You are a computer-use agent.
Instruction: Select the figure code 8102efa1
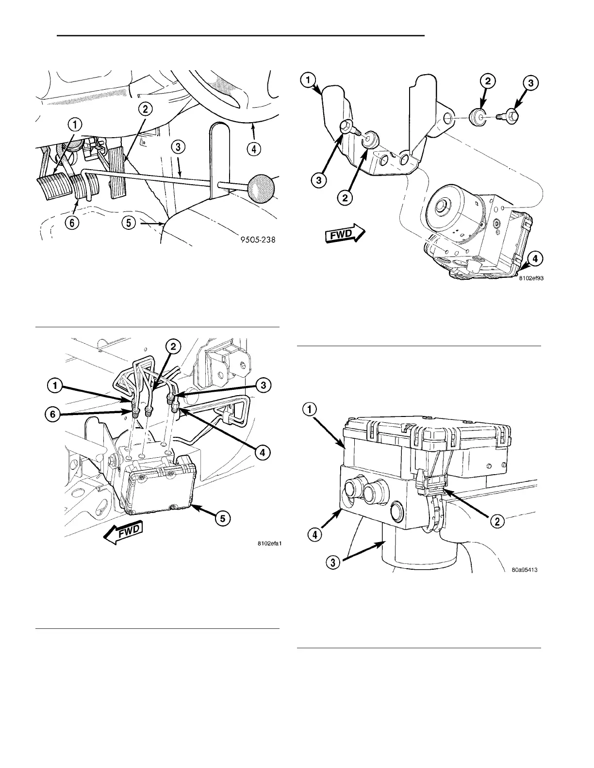click(269, 544)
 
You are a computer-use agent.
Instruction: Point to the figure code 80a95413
click(525, 570)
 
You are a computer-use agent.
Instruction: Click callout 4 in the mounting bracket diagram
click(534, 259)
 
